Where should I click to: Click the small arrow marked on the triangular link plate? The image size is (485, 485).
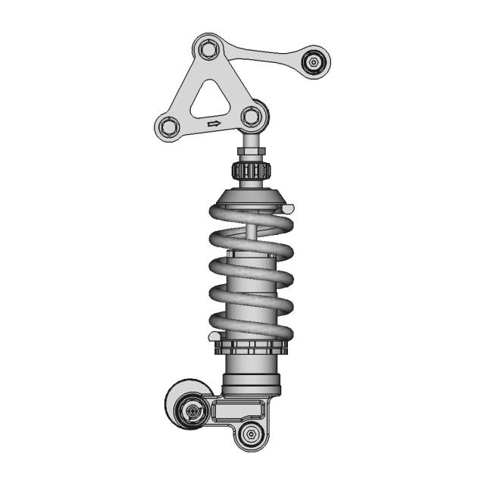pyautogui.click(x=214, y=124)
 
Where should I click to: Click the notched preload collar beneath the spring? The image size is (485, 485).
pyautogui.click(x=251, y=349)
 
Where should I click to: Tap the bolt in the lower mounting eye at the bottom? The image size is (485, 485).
pyautogui.click(x=250, y=435)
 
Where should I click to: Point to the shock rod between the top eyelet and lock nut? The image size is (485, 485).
pyautogui.click(x=251, y=142)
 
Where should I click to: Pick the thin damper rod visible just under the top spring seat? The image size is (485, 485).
pyautogui.click(x=251, y=225)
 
